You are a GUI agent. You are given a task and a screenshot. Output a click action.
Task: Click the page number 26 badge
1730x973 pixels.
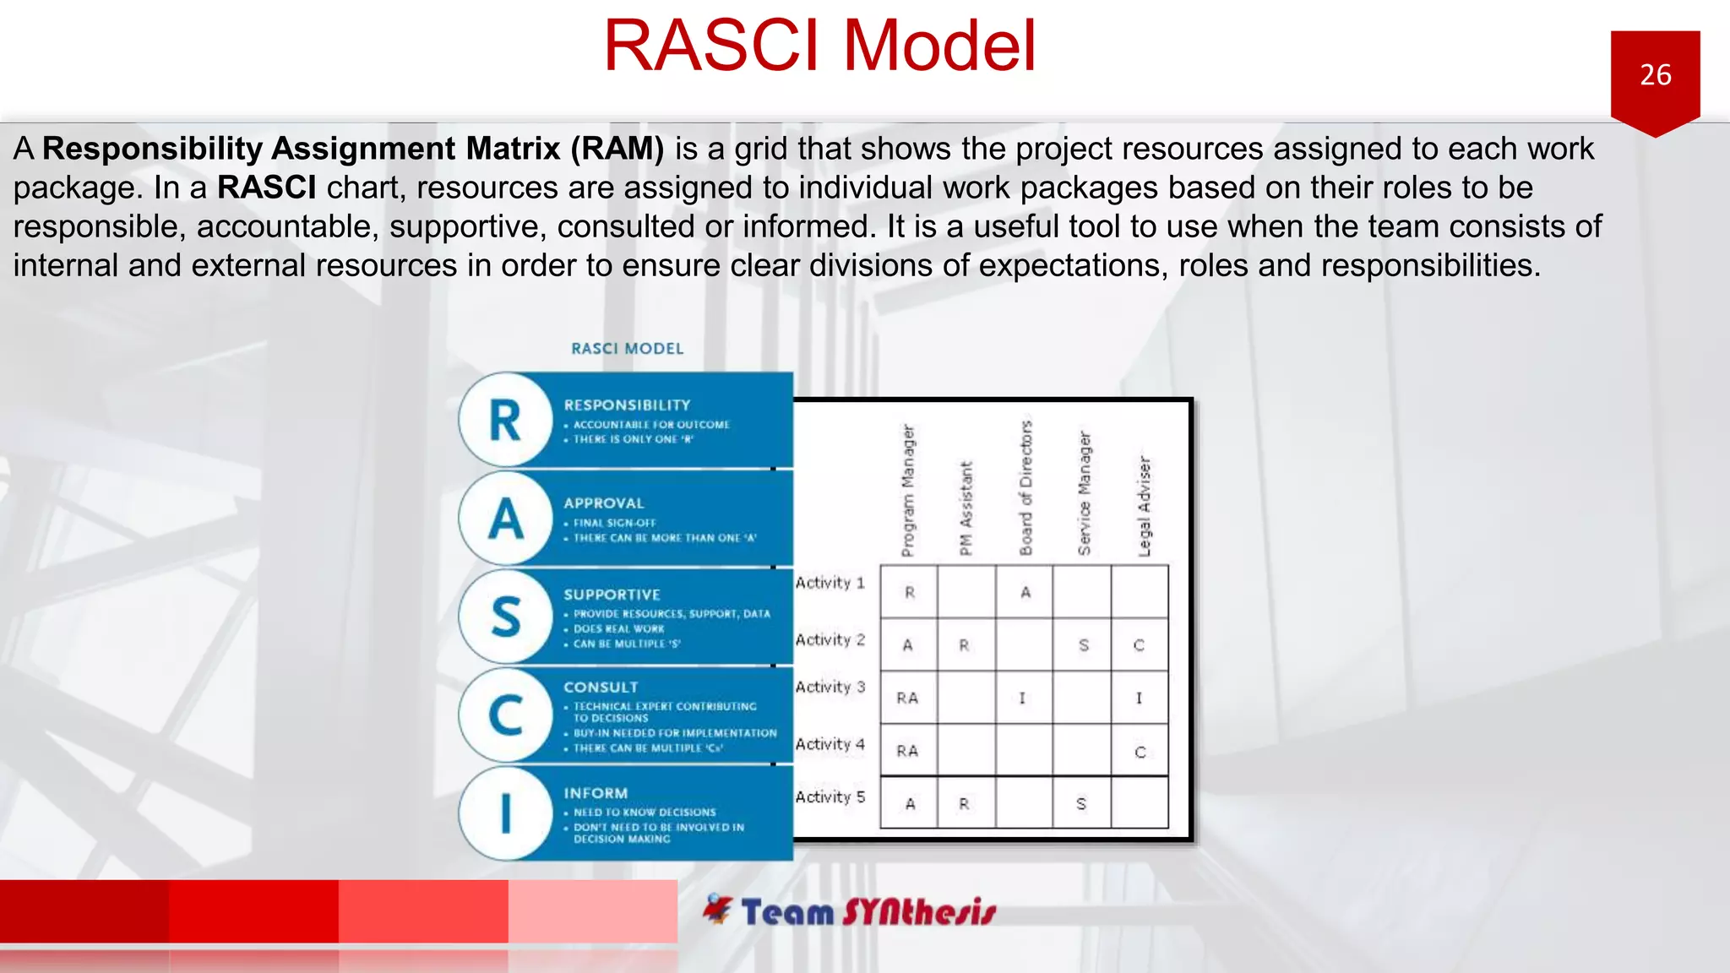click(1655, 76)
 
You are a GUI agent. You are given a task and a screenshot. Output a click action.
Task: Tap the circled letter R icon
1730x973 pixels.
click(505, 420)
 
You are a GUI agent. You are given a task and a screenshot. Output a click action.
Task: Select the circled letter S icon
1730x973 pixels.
click(505, 617)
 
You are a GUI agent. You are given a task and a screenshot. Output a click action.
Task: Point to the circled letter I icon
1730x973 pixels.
click(505, 813)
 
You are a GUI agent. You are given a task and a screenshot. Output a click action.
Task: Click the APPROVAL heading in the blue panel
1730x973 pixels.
click(604, 503)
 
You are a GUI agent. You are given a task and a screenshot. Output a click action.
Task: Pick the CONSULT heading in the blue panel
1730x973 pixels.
click(601, 688)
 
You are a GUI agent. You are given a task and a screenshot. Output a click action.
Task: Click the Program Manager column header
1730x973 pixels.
click(908, 491)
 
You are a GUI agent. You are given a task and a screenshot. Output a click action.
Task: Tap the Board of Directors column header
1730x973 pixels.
click(1025, 488)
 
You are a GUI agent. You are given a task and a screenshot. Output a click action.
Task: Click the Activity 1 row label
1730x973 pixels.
click(830, 583)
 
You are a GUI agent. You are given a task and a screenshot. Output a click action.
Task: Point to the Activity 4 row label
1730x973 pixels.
click(830, 744)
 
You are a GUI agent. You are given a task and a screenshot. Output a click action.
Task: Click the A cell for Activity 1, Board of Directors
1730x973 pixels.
click(1025, 593)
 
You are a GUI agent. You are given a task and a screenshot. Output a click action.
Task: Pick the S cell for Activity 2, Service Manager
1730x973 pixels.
click(1083, 645)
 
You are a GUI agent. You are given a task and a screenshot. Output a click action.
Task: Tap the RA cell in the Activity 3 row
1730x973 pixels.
click(907, 698)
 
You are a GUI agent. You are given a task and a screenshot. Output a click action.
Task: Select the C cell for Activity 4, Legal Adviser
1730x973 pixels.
click(1140, 752)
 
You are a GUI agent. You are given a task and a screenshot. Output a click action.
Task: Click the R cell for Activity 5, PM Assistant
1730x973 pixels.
click(965, 804)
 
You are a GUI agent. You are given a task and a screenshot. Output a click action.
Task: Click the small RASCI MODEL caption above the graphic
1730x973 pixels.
click(627, 349)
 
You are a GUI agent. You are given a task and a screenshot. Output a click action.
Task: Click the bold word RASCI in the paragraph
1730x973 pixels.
click(266, 188)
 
